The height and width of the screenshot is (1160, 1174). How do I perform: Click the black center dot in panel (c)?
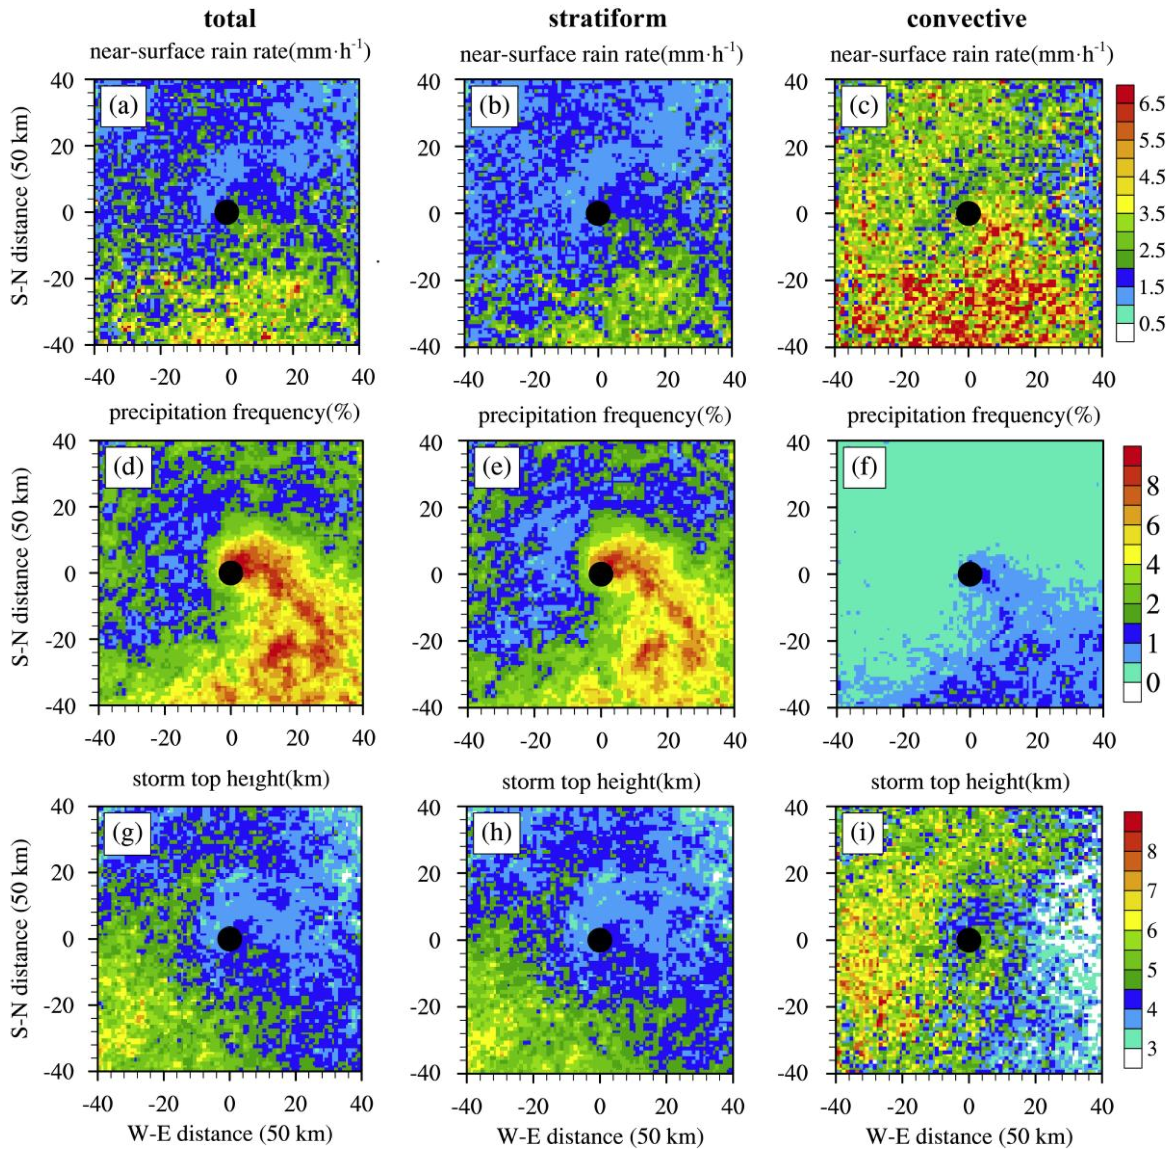(x=968, y=213)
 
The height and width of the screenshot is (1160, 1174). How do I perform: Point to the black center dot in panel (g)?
(x=230, y=939)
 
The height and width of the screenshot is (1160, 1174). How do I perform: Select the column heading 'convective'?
(x=967, y=19)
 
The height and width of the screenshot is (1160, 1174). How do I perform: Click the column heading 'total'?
(x=230, y=19)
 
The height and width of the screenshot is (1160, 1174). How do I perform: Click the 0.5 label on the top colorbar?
(x=1151, y=323)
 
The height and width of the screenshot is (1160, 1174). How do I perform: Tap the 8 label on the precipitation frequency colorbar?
(x=1152, y=486)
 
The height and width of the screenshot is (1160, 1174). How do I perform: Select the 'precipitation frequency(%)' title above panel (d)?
(x=234, y=412)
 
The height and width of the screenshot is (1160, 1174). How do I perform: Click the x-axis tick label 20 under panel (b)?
(x=667, y=380)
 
